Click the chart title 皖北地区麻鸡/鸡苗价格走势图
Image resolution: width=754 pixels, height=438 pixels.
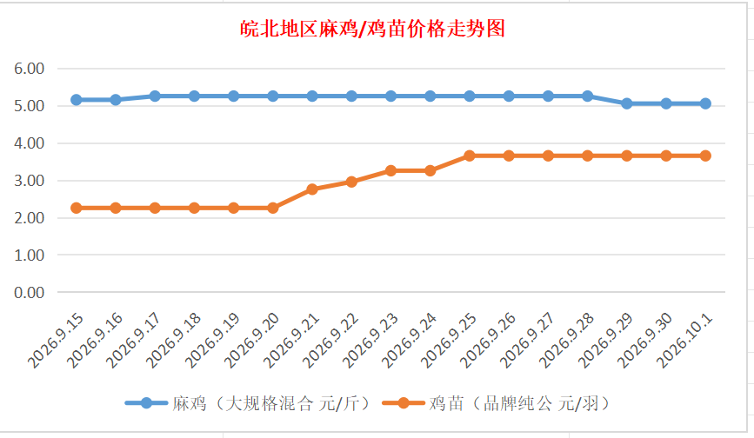point(373,29)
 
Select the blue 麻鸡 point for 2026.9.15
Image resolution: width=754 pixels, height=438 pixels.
point(76,100)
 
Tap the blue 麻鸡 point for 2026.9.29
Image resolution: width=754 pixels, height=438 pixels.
point(626,103)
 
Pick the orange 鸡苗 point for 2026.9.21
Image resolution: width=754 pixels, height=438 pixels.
point(312,189)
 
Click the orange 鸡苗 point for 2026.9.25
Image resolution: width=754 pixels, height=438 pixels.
point(470,156)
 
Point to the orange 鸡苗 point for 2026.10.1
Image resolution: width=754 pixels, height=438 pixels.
point(705,156)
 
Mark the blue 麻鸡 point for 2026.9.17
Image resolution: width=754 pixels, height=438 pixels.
point(155,96)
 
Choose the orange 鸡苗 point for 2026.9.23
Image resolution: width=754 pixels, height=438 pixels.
point(391,170)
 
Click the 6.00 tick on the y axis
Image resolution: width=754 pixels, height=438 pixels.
point(30,69)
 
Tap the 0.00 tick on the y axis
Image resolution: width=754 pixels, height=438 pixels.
point(30,293)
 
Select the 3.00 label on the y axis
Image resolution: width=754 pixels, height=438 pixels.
point(30,181)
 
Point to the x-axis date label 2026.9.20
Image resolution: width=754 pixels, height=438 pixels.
point(251,340)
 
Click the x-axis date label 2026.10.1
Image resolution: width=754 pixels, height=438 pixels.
point(684,340)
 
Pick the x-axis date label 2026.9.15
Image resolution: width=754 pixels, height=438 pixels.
point(56,340)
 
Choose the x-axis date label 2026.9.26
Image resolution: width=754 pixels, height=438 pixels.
point(488,340)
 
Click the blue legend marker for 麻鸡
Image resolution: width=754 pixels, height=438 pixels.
point(146,403)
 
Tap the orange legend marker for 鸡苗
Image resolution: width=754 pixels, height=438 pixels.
point(403,403)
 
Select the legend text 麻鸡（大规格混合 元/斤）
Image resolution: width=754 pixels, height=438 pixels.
point(272,403)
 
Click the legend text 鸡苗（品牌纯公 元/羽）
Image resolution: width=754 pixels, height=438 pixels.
point(520,403)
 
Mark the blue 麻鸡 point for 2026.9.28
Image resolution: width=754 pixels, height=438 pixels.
point(587,96)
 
